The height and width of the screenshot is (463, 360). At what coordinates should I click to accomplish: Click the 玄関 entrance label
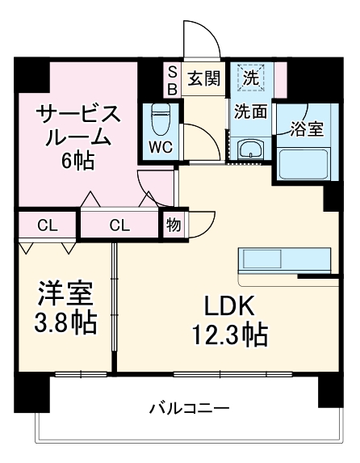click(204, 78)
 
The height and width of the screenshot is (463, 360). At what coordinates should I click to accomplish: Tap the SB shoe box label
click(172, 78)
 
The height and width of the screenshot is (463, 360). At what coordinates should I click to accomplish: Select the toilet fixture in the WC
click(159, 118)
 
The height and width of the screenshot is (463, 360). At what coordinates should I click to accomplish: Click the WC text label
click(159, 147)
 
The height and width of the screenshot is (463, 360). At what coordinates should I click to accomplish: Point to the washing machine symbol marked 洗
click(252, 78)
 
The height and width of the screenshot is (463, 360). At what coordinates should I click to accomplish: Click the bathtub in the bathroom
click(306, 164)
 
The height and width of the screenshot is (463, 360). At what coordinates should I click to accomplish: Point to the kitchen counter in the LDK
click(284, 260)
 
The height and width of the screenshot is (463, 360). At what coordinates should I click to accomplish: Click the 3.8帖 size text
click(65, 322)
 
